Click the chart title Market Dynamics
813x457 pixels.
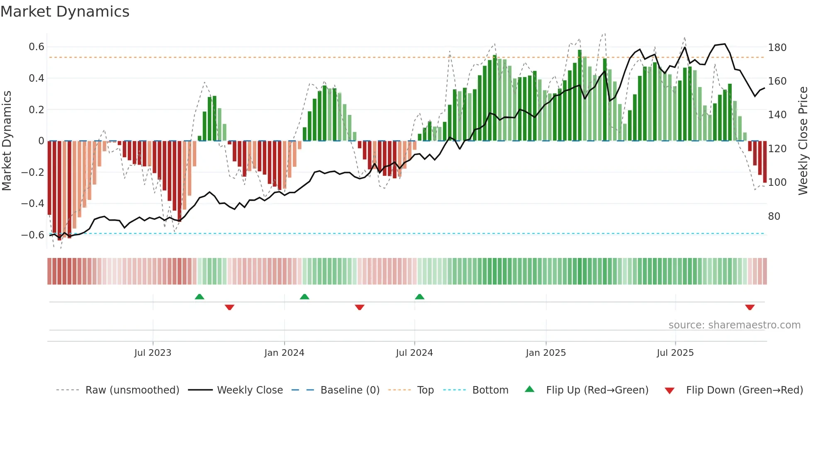[65, 12]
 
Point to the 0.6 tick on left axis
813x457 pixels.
[37, 47]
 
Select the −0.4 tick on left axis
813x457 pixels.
[33, 203]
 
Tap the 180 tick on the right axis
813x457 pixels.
[777, 48]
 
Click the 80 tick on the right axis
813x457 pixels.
[774, 216]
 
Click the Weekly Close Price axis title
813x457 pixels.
[803, 141]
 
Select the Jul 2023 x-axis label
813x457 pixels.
[153, 353]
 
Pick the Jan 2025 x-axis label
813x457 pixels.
[545, 353]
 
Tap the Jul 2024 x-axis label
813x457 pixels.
[414, 353]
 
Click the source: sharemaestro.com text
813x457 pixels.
[734, 325]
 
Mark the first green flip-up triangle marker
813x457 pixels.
[200, 297]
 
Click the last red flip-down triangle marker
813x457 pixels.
[750, 307]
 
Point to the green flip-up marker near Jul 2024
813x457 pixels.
[419, 297]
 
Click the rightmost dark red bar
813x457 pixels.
[764, 162]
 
